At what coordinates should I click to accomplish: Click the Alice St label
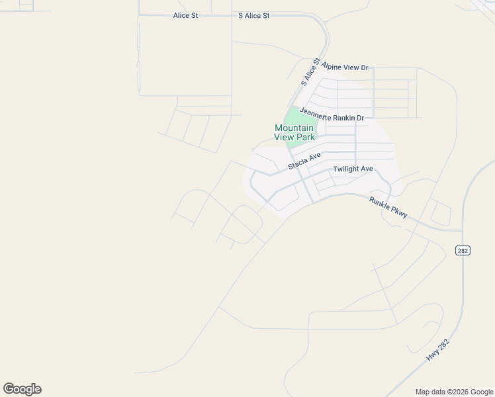[x=185, y=15]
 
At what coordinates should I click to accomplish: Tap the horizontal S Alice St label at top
[x=254, y=15]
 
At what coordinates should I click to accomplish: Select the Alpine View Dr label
[x=345, y=67]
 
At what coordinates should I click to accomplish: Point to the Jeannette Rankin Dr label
[x=332, y=115]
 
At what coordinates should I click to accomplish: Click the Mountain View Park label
[x=294, y=132]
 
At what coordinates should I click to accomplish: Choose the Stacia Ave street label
[x=304, y=161]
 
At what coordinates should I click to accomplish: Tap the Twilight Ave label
[x=353, y=169]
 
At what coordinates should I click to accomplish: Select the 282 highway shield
[x=462, y=249]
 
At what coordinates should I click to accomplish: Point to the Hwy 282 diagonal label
[x=437, y=349]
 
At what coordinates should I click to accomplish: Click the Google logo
[x=22, y=389]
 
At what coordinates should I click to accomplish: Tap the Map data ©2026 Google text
[x=453, y=392]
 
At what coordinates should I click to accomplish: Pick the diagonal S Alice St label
[x=310, y=72]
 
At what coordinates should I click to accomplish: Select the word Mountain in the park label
[x=294, y=128]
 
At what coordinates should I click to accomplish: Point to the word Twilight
[x=345, y=169]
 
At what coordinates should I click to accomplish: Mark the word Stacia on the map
[x=298, y=163]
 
